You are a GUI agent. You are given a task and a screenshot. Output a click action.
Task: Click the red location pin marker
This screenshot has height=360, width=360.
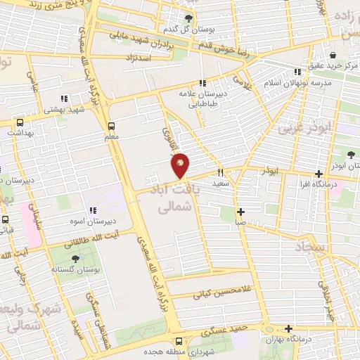181,165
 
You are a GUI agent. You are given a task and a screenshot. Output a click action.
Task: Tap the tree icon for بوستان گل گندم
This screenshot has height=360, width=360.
188,18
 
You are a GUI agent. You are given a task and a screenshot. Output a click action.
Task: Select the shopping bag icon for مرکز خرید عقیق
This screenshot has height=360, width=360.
332,55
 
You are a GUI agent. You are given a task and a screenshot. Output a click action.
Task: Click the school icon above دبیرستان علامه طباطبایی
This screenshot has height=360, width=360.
202,84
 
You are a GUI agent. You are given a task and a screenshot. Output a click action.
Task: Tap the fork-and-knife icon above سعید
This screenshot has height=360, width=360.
221,172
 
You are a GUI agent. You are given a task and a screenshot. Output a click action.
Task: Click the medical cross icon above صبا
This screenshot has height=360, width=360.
240,212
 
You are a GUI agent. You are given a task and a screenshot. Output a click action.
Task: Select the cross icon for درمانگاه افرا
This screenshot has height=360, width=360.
319,174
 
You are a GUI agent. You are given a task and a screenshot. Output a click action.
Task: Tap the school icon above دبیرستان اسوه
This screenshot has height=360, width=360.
92,210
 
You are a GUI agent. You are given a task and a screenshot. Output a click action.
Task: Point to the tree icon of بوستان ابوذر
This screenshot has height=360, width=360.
351,155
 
